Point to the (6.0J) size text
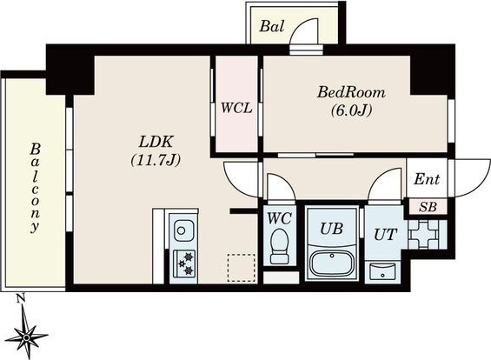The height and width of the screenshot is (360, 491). coord(352,110)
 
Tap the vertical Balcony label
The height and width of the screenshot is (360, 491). coord(35,186)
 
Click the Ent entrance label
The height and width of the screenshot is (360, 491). coord(426,180)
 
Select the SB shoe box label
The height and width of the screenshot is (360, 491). coord(428,207)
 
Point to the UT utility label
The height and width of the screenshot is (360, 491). coord(384,233)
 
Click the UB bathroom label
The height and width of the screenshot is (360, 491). coord(331,230)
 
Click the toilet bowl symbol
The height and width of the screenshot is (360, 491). coord(280,246)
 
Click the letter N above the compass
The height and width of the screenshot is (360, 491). coord(19,300)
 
